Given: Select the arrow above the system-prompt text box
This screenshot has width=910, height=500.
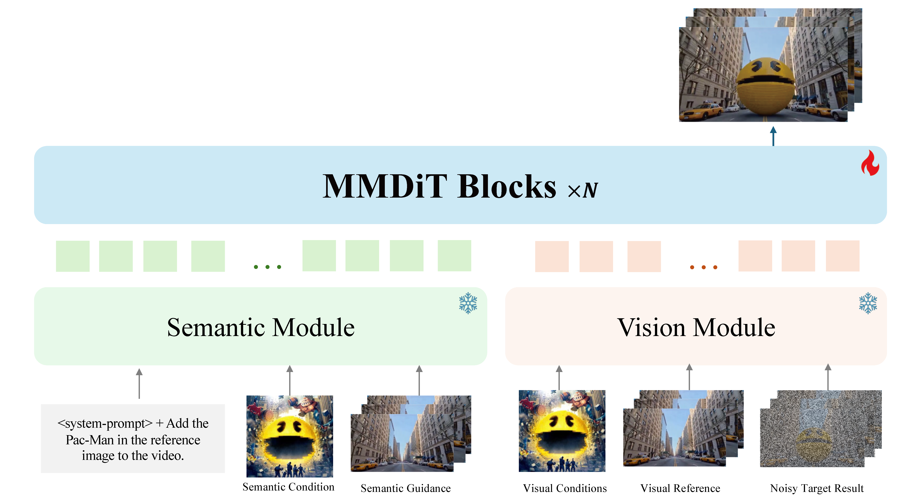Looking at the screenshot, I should [x=139, y=383].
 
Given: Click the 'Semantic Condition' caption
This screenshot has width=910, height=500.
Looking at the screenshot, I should [x=288, y=487].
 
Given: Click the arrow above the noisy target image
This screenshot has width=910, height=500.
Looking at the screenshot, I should [x=828, y=377].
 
